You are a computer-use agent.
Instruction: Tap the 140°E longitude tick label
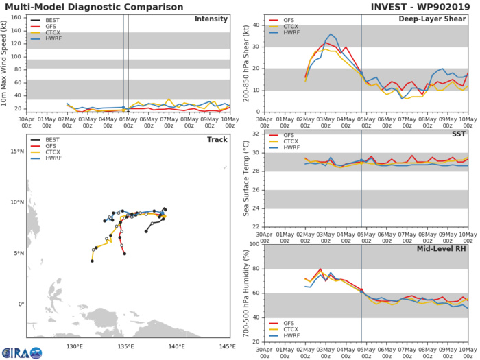(177, 346)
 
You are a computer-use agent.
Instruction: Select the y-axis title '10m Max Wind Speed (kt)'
(5, 62)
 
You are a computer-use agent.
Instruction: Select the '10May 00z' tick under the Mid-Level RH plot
(468, 350)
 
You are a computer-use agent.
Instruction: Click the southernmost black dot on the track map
(92, 261)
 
